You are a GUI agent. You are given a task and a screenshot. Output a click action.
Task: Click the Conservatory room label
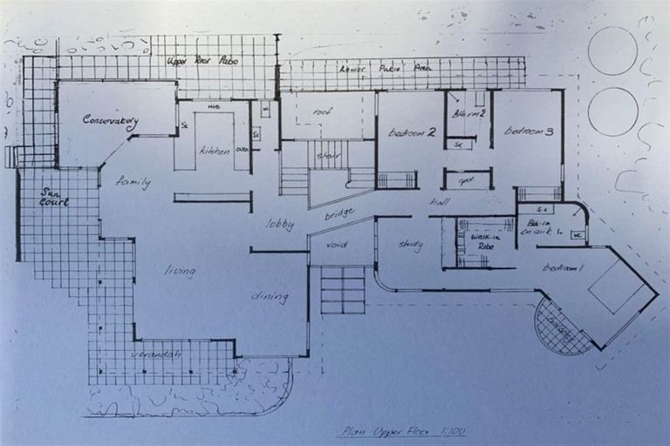click(x=110, y=122)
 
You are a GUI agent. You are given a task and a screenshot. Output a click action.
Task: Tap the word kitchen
click(x=215, y=151)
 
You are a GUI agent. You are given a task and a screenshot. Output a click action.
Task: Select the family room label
click(x=133, y=183)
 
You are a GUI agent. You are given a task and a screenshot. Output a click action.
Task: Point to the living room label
click(x=180, y=271)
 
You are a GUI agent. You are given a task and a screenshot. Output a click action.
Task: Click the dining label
click(x=270, y=297)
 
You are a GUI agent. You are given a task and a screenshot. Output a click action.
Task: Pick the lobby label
click(x=279, y=225)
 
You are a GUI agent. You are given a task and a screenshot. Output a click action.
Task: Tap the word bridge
click(x=338, y=213)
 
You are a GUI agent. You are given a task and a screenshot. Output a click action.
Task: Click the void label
click(x=336, y=245)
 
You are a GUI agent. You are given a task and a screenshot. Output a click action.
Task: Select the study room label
click(x=411, y=245)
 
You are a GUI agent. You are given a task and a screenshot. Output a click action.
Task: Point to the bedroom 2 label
click(x=412, y=132)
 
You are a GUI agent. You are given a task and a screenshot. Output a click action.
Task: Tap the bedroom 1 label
click(x=563, y=267)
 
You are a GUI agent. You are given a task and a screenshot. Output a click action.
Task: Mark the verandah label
click(x=155, y=355)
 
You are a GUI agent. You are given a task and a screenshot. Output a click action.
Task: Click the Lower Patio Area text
click(x=400, y=68)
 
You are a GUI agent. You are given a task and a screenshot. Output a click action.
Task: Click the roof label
click(x=323, y=111)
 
